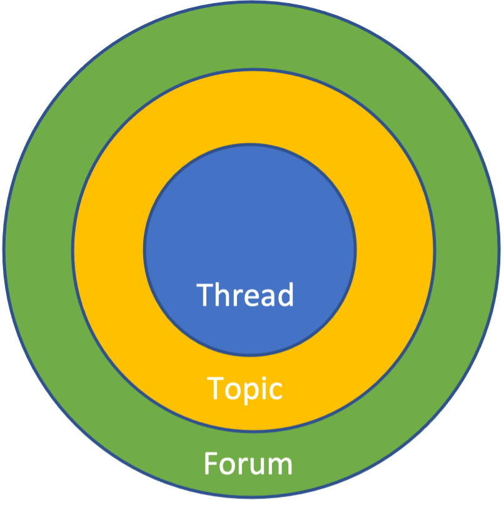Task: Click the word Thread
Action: coord(245,295)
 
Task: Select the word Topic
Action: coord(244,389)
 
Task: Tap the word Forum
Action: coord(248,464)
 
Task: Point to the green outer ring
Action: coord(250,38)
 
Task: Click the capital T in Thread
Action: coord(206,295)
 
